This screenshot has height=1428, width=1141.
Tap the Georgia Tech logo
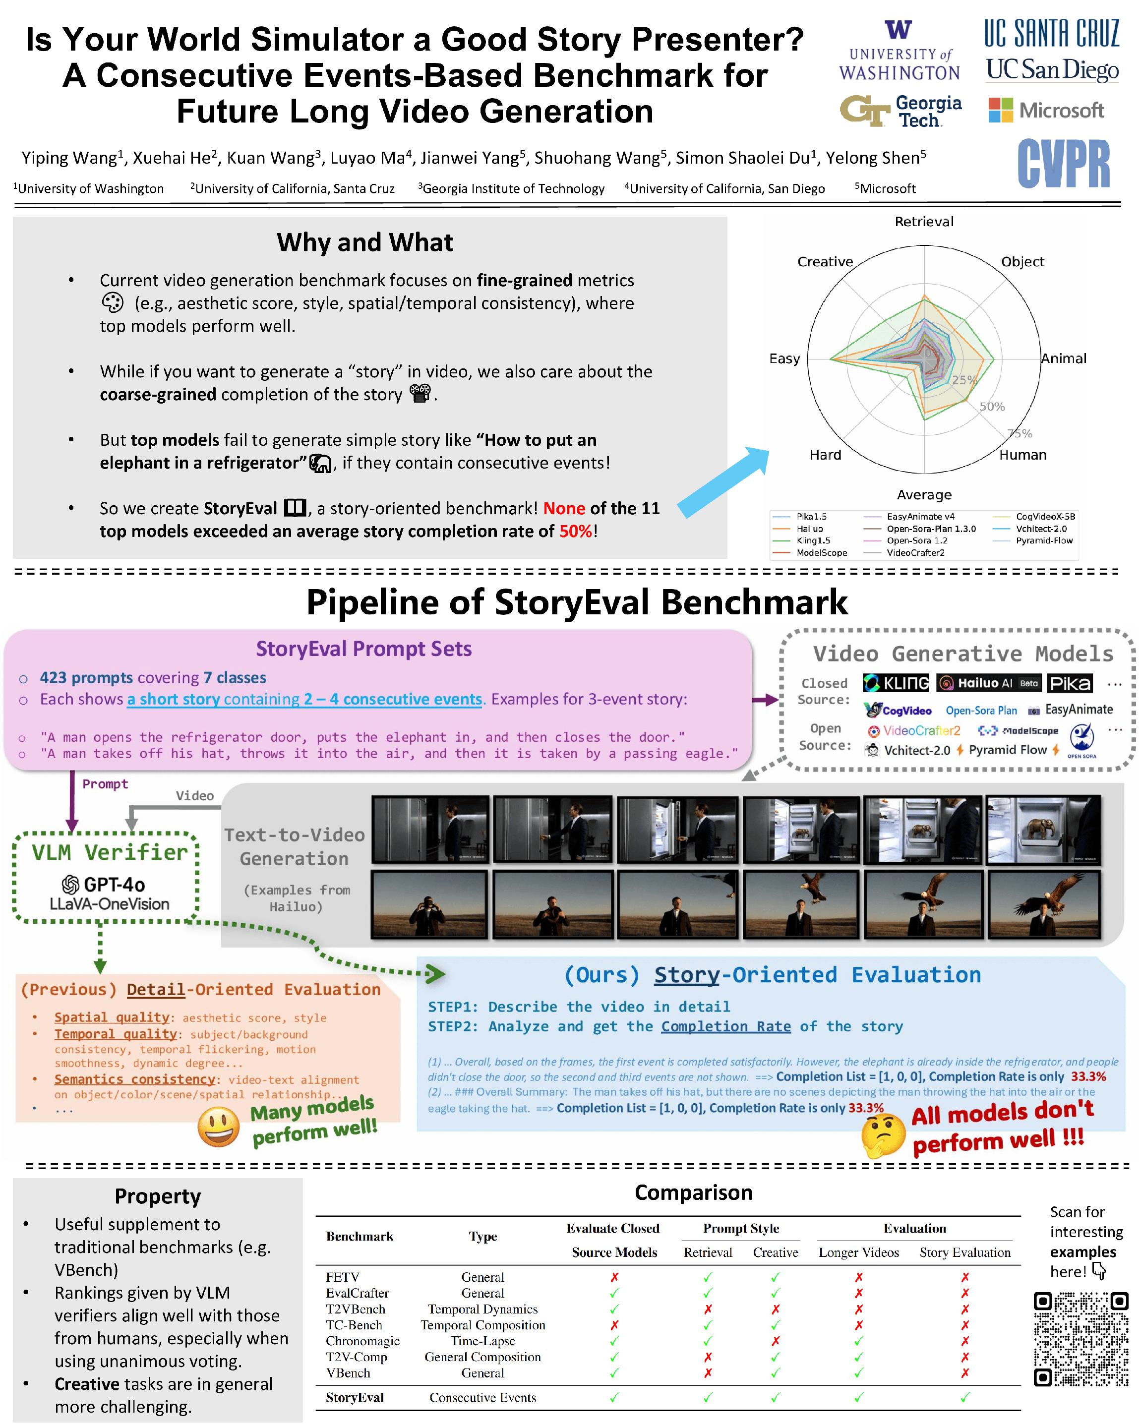(900, 111)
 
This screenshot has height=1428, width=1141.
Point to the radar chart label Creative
(825, 262)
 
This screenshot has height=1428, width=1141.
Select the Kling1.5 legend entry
(813, 540)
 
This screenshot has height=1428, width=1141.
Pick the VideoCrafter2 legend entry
(915, 552)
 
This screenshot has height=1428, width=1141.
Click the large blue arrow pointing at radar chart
(723, 481)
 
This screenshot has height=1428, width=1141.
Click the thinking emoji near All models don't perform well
(883, 1134)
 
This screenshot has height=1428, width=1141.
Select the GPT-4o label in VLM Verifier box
(105, 884)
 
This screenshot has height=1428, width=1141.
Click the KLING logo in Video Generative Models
(896, 683)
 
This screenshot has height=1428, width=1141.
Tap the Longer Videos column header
(858, 1252)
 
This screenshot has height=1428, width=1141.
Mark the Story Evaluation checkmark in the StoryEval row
(965, 1398)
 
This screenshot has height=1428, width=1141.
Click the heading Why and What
(365, 242)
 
